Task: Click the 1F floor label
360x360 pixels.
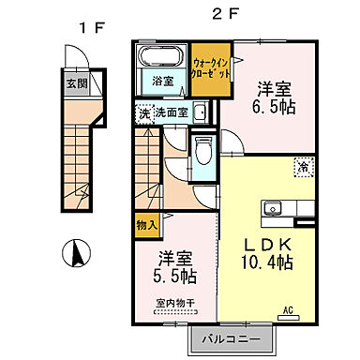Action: pyautogui.click(x=90, y=28)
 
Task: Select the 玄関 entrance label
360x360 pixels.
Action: pyautogui.click(x=75, y=82)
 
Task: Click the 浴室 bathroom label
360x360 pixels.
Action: pyautogui.click(x=163, y=82)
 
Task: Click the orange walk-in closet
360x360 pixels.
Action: pyautogui.click(x=211, y=70)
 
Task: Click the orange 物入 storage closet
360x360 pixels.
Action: pyautogui.click(x=145, y=225)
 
